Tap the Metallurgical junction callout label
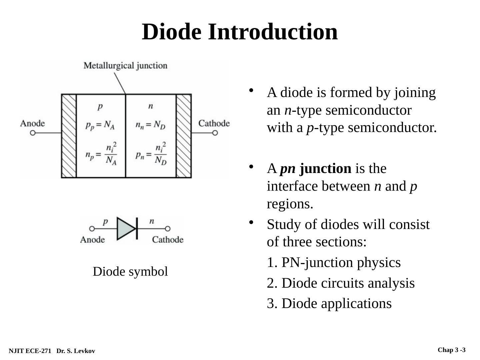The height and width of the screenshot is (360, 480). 125,65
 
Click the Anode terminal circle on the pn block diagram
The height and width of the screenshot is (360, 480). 33,133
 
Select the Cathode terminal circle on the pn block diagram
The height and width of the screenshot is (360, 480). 215,133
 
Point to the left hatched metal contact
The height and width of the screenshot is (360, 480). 69,136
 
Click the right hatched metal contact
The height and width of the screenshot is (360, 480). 184,136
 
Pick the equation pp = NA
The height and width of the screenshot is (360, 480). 100,125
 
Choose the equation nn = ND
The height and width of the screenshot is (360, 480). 150,125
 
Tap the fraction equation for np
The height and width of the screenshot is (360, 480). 101,154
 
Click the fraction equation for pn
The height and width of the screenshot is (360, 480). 151,154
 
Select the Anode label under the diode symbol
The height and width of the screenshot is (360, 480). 92,240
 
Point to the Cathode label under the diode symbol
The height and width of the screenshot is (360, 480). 168,240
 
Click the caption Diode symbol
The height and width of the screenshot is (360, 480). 130,272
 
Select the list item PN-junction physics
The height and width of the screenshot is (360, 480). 334,263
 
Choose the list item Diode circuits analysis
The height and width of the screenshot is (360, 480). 341,283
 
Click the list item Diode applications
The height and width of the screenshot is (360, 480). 329,304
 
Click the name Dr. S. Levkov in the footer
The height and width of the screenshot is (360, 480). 76,351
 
